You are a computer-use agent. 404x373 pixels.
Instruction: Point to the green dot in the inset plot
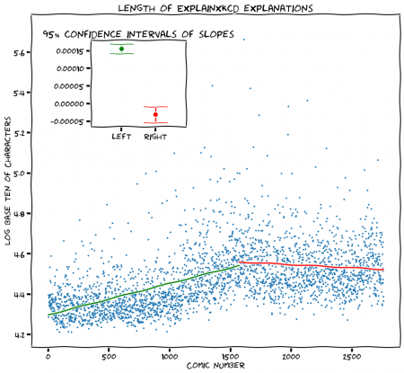pyautogui.click(x=121, y=49)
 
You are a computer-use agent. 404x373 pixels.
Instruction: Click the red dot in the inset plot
pyautogui.click(x=155, y=114)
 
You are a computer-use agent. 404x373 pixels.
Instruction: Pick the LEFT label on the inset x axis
pyautogui.click(x=121, y=137)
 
